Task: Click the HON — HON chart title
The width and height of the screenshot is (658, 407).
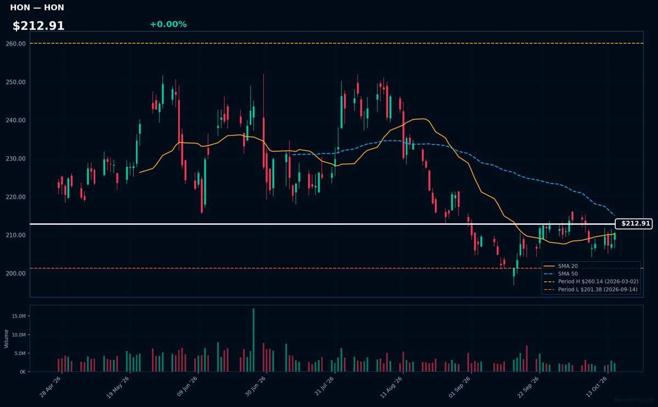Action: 37,8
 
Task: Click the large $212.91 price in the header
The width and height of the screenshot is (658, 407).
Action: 38,26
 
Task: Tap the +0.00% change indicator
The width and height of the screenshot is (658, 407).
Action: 168,24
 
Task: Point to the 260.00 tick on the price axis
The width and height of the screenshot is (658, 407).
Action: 15,44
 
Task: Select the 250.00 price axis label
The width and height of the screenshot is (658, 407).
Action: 15,82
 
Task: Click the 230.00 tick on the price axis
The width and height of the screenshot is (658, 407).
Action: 15,159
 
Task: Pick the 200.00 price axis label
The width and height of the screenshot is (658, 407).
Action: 15,274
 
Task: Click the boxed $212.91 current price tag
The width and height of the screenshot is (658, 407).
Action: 634,224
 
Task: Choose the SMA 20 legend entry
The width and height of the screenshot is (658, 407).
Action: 560,266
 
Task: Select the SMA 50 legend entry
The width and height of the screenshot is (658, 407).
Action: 560,274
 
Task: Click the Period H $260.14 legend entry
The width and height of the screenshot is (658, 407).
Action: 591,281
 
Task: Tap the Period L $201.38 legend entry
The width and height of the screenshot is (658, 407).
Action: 591,290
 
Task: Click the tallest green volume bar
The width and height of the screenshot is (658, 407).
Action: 253,340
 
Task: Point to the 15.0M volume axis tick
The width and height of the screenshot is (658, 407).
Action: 19,316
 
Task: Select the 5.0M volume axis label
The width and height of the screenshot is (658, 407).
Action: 20,353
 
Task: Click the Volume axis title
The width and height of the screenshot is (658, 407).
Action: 6,339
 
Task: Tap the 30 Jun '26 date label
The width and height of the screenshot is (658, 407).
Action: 255,386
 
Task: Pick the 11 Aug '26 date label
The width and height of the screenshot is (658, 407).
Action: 391,387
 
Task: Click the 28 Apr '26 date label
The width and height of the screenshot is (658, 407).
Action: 50,387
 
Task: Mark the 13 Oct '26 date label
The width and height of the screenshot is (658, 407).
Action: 597,387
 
